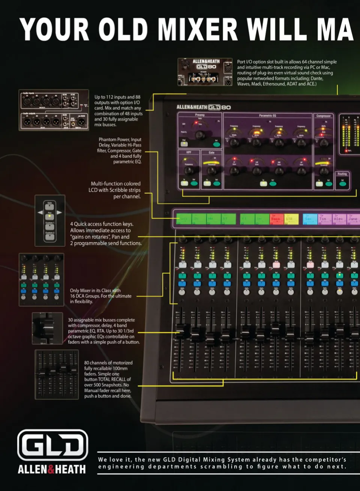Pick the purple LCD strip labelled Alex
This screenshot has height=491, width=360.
click(x=339, y=219)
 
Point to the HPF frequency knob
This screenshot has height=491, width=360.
click(x=188, y=171)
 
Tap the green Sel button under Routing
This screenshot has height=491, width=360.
click(x=342, y=183)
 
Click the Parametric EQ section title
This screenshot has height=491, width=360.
click(x=267, y=115)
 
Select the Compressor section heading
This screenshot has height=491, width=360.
click(x=323, y=116)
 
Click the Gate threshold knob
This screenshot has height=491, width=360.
click(x=211, y=171)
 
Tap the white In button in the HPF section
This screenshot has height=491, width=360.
click(x=184, y=183)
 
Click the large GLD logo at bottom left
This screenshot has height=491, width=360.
click(x=52, y=445)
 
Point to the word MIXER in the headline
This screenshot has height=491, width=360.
click(x=198, y=30)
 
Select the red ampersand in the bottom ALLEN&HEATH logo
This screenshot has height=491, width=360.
click(x=51, y=469)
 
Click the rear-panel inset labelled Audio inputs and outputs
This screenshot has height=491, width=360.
click(x=54, y=110)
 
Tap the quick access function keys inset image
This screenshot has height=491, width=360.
click(x=50, y=221)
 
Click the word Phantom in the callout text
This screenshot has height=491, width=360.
click(x=106, y=139)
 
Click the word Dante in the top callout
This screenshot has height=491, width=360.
click(x=316, y=78)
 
